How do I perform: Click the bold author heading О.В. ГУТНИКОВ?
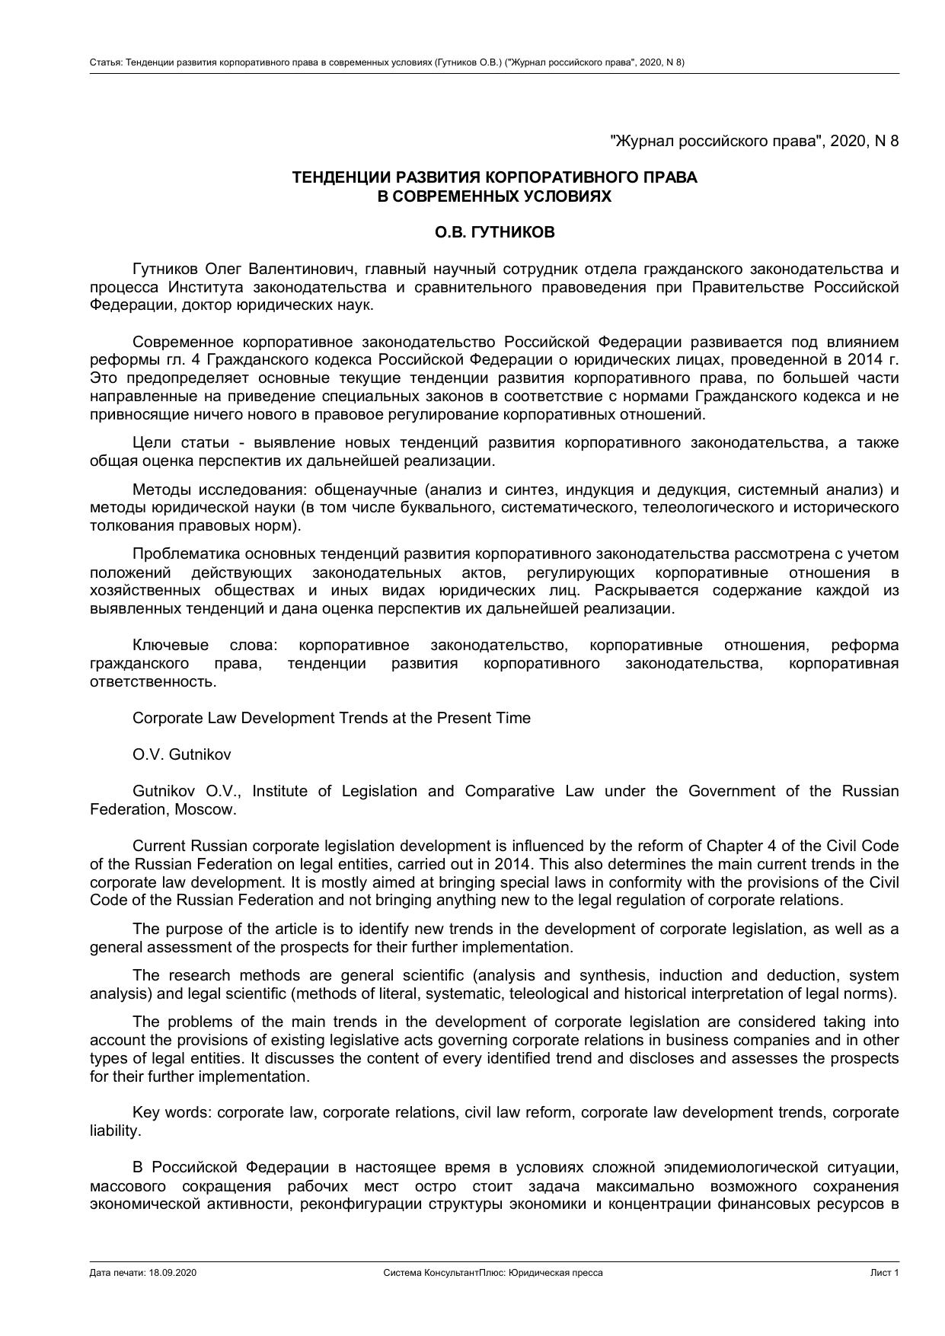click(x=494, y=233)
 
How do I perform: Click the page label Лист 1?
click(x=885, y=1273)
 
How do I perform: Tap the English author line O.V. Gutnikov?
click(x=181, y=754)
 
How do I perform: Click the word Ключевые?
click(x=170, y=646)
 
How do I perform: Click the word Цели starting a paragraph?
click(x=152, y=442)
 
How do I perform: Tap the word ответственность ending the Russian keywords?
click(x=152, y=681)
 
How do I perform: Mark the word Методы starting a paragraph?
click(x=159, y=489)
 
